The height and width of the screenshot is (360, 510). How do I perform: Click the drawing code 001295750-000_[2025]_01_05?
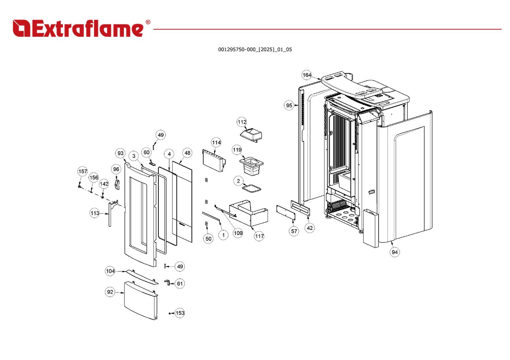(255, 50)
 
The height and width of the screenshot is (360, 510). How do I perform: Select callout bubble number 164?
(307, 75)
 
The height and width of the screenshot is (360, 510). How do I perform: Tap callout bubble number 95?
(289, 105)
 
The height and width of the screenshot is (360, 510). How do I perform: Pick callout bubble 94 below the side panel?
(395, 252)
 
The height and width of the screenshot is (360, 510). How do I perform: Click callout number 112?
(242, 122)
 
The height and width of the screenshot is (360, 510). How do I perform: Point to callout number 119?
(237, 150)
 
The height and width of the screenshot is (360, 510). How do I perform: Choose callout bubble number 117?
(259, 236)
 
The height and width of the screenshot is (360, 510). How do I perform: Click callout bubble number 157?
(82, 171)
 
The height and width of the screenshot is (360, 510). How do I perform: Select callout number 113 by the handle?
(94, 213)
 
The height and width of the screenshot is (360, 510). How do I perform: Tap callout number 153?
(180, 313)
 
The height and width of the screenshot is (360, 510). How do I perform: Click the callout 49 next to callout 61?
(180, 266)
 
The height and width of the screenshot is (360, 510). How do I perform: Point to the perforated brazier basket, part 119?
(251, 166)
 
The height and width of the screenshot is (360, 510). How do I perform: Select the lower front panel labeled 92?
(141, 300)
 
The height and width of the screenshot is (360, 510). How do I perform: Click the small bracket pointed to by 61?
(167, 283)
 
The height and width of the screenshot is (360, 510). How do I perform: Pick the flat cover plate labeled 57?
(286, 213)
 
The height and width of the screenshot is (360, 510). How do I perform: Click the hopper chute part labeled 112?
(251, 135)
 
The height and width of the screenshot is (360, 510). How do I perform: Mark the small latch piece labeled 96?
(117, 184)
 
